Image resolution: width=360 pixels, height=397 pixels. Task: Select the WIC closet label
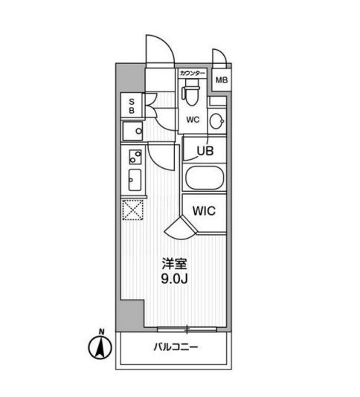coord(204,211)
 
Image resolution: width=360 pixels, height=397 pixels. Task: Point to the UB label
coord(205,151)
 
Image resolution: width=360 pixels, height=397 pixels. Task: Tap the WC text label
coord(192,119)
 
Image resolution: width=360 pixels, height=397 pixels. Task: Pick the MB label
coord(222,80)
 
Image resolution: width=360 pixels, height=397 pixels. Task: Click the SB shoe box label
coord(131,106)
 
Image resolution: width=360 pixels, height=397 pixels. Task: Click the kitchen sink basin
coord(135,180)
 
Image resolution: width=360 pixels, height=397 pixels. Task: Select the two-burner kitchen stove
coord(135,157)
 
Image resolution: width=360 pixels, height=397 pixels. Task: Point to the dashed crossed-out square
coord(132,210)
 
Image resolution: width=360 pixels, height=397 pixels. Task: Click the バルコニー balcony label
coord(176,346)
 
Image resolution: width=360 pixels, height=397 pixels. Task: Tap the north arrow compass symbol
coord(97,346)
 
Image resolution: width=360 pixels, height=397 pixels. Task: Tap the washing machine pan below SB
coord(134,132)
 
